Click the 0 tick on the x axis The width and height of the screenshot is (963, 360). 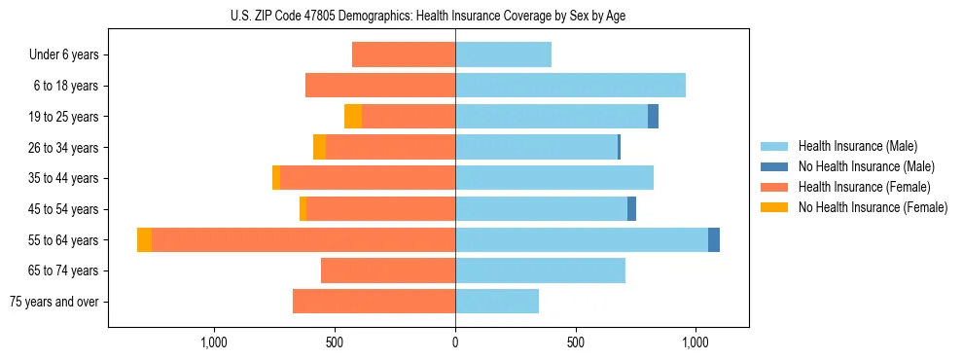click(455, 342)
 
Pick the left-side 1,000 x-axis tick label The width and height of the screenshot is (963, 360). click(214, 342)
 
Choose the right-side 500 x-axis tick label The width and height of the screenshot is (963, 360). click(576, 342)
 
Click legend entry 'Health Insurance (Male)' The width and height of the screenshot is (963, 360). click(857, 146)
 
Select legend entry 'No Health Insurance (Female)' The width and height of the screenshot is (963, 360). click(873, 207)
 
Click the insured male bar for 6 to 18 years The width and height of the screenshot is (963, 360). click(570, 86)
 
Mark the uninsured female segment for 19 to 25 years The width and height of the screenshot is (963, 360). click(353, 117)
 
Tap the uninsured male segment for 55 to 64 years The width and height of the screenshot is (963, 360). click(714, 240)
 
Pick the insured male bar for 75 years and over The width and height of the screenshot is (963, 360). click(497, 302)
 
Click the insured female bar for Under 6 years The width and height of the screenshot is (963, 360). click(404, 54)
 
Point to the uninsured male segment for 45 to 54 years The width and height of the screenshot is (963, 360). click(631, 209)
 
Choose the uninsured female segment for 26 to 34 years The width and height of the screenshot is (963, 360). click(319, 148)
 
